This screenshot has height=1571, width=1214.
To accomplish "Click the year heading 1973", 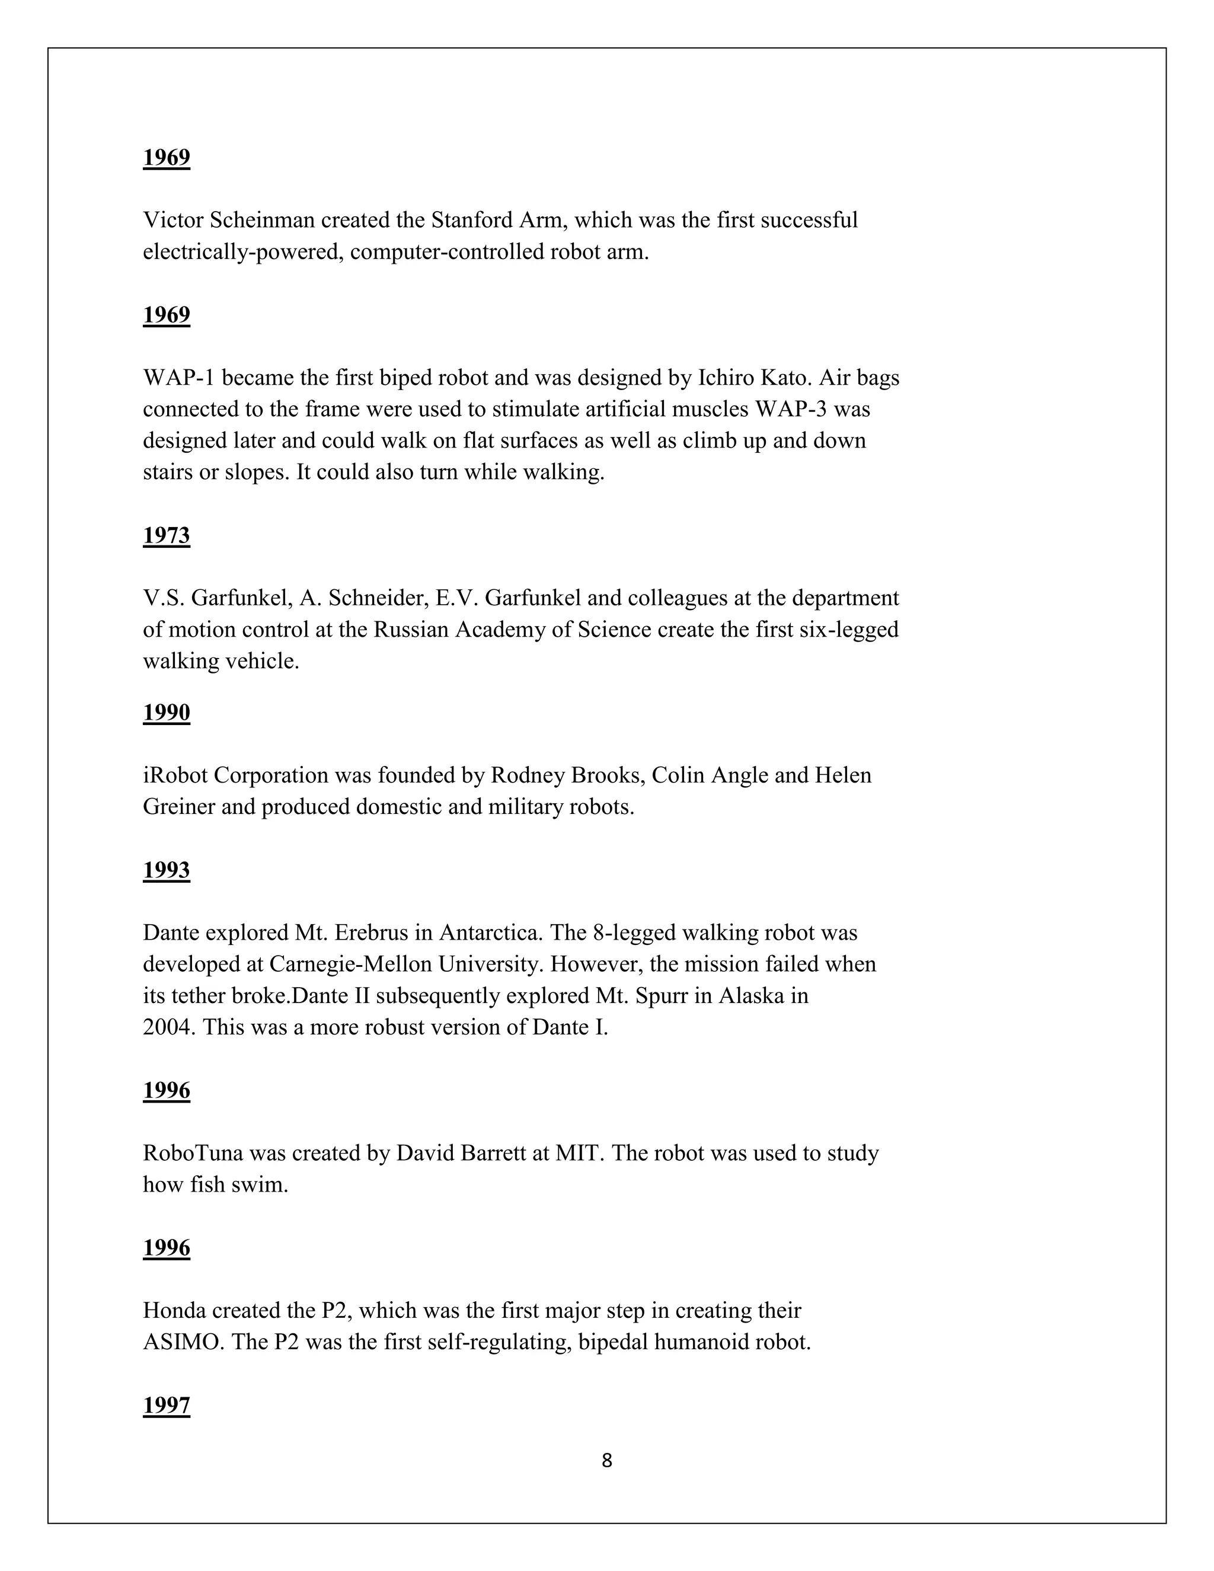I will point(166,535).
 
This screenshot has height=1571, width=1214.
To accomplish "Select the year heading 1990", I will point(166,712).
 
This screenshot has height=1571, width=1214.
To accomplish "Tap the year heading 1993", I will point(166,870).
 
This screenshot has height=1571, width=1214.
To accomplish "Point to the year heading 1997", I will point(166,1406).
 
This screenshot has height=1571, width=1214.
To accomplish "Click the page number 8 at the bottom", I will point(607,1461).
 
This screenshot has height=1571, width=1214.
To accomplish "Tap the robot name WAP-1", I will point(179,378).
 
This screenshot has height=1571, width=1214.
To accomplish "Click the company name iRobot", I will point(175,775).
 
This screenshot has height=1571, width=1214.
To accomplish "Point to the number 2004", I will point(168,1027).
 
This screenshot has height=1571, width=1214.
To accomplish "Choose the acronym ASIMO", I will point(183,1342).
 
